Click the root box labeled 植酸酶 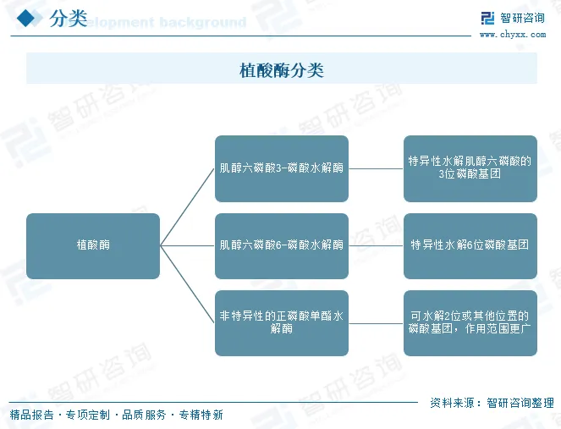pos(93,245)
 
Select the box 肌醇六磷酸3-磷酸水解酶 pos(281,168)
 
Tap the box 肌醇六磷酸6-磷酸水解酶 pos(281,245)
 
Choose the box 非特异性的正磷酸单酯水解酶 pos(281,322)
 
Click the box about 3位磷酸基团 pos(470,168)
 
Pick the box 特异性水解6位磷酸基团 pos(470,245)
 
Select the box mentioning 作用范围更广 pos(470,322)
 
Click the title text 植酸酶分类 pos(281,69)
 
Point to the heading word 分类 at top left pos(68,19)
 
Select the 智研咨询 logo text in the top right pos(522,19)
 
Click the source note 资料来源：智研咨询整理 pos(492,403)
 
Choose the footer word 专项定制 pos(88,415)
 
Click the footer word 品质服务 pos(144,415)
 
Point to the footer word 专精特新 pos(201,415)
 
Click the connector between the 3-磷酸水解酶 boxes pos(376,168)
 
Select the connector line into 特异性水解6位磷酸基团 pos(376,245)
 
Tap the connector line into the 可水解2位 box pos(376,322)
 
